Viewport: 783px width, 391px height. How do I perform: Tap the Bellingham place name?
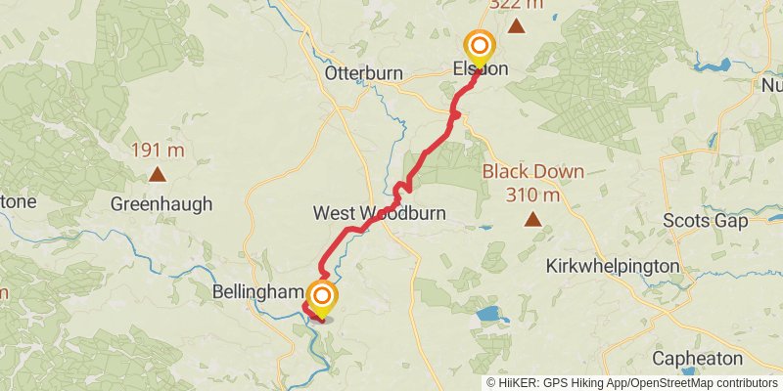(256, 292)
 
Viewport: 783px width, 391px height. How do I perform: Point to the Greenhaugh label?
(161, 204)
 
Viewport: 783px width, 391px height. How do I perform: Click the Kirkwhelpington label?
(613, 266)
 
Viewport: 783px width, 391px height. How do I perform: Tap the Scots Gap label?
(705, 220)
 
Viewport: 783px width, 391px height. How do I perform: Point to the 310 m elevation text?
(533, 195)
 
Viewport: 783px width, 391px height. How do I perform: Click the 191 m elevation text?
(158, 152)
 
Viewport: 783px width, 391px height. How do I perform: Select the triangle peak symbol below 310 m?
(533, 219)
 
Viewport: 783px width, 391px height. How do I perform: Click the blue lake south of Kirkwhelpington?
(487, 316)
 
